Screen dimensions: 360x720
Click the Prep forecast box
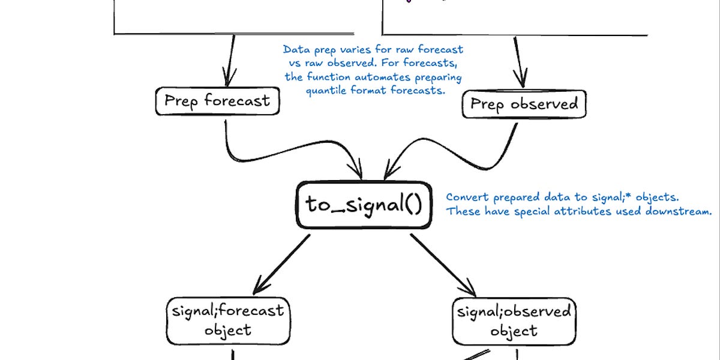(x=217, y=101)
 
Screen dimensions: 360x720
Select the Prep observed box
(x=524, y=104)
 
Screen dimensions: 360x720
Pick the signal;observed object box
(x=514, y=322)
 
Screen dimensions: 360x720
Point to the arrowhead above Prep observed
(x=520, y=78)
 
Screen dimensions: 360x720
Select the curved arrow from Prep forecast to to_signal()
(x=264, y=157)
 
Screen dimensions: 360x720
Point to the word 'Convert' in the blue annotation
(x=467, y=197)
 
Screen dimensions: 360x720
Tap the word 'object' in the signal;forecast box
(x=227, y=331)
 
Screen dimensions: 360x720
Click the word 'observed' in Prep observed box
(x=544, y=104)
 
